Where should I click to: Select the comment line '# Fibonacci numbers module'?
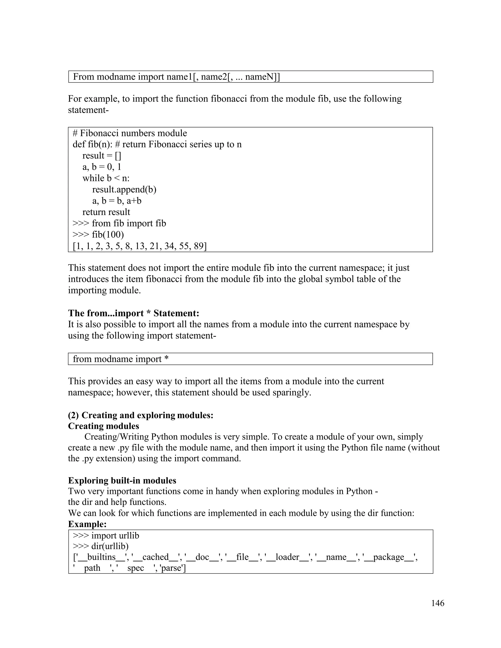point(130,133)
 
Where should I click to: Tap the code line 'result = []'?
point(102,156)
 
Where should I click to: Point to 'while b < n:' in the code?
point(106,178)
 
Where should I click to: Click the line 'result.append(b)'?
point(124,190)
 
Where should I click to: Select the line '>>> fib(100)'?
point(98,235)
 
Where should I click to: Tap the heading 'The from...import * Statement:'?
point(134,313)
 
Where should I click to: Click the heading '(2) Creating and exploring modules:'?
point(141,415)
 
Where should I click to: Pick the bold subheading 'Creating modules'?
point(103,426)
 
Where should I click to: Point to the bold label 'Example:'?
point(87,524)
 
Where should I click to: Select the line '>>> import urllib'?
point(106,536)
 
